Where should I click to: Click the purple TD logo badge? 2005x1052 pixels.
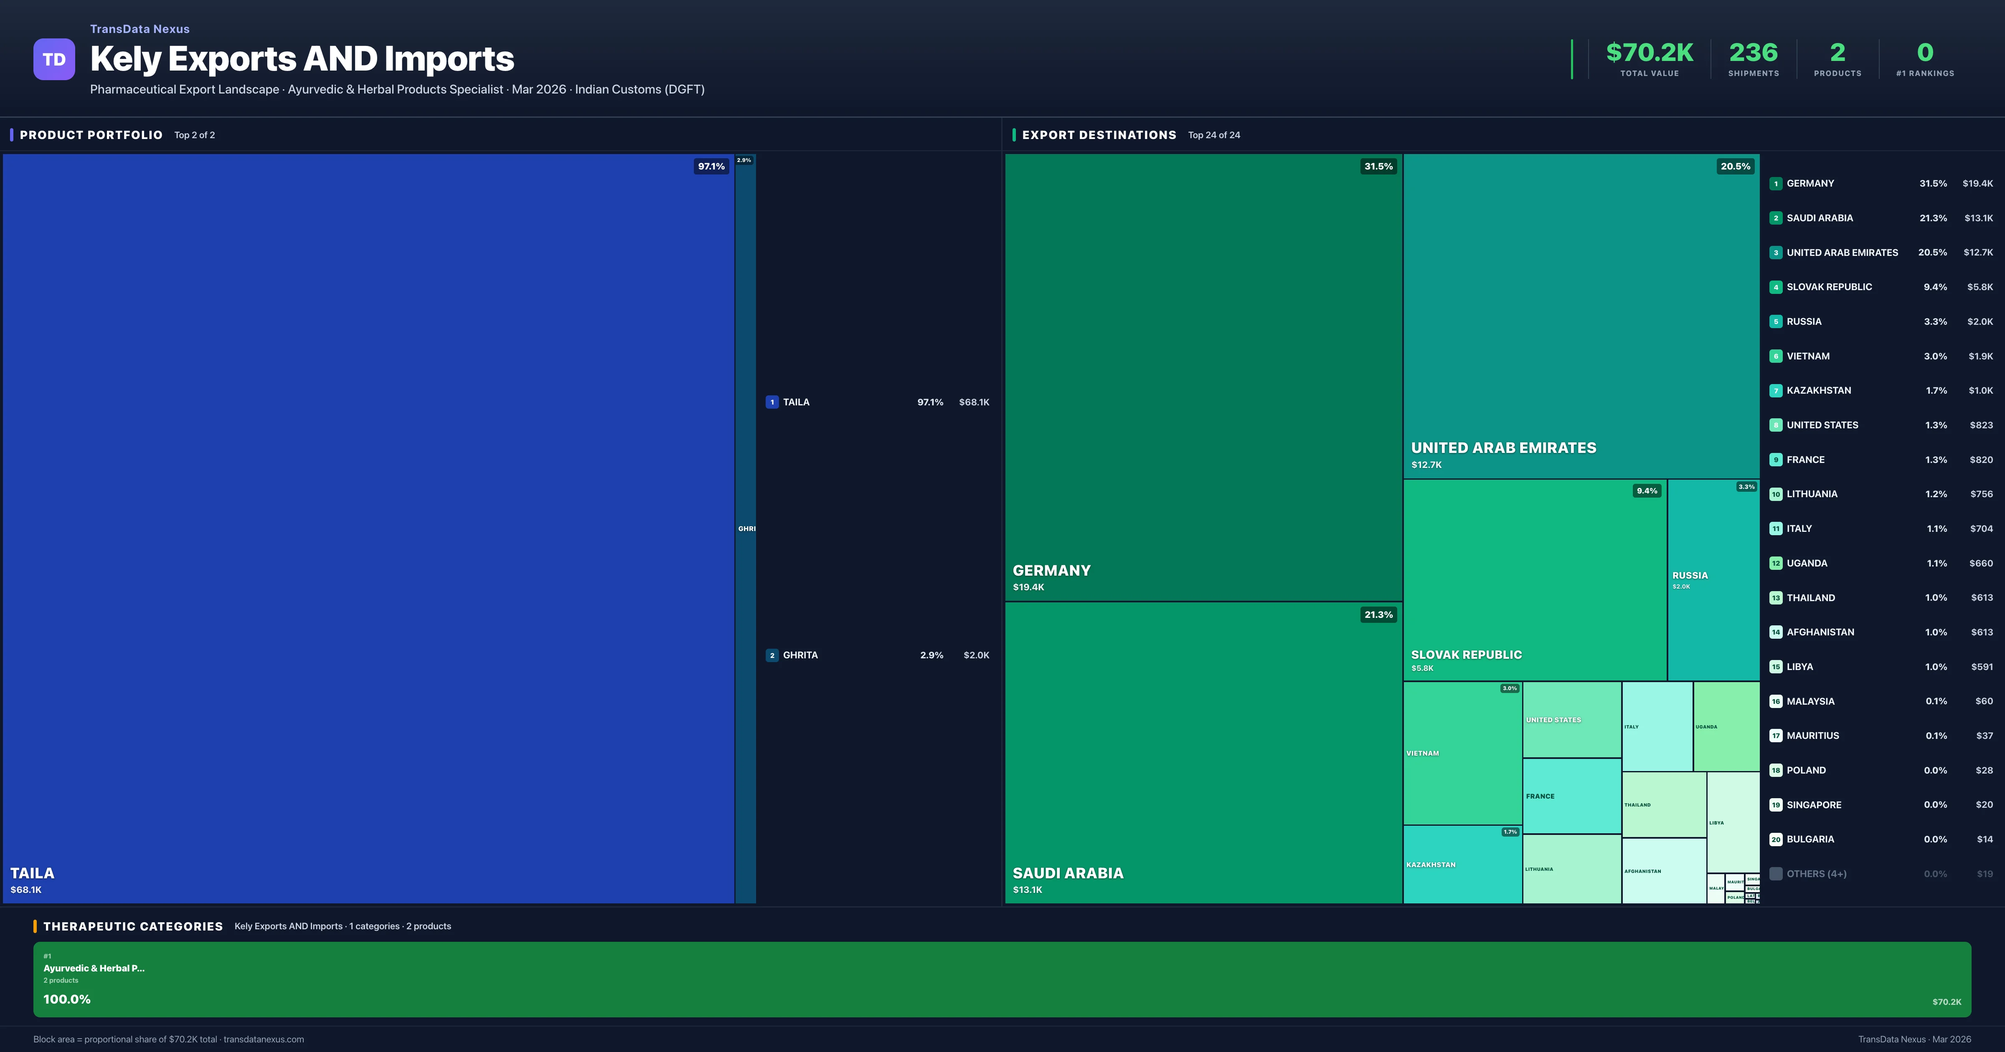point(54,59)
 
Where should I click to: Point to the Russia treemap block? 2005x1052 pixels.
point(1713,580)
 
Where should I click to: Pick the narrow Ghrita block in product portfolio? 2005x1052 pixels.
point(745,529)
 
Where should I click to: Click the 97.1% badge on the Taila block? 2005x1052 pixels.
point(711,167)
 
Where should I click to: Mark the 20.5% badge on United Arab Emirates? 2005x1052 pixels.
point(1735,167)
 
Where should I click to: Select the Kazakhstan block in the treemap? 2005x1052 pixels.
point(1462,865)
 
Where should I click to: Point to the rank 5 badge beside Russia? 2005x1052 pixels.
point(1775,321)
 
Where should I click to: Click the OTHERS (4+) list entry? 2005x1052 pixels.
point(1816,874)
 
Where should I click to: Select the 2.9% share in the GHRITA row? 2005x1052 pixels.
point(931,655)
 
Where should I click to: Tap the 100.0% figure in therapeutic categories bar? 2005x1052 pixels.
point(67,999)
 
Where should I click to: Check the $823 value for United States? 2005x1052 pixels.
point(1981,425)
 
